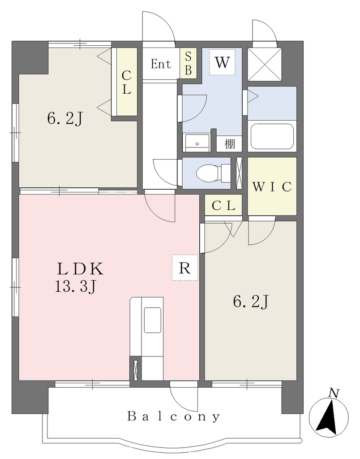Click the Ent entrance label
tap(161, 64)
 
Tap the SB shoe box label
tap(189, 63)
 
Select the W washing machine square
tap(222, 62)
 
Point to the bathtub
tap(272, 137)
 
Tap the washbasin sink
tap(197, 143)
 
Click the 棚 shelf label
tap(230, 143)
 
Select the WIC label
tap(272, 186)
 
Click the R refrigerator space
tap(185, 268)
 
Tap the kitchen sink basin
tap(152, 320)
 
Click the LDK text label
tap(80, 269)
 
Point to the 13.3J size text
tap(76, 287)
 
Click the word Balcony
tap(173, 416)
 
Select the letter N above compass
tap(334, 393)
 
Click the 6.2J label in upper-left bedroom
tap(65, 118)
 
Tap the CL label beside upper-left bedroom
tap(126, 82)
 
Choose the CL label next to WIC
tap(223, 206)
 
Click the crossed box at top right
tap(265, 64)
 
